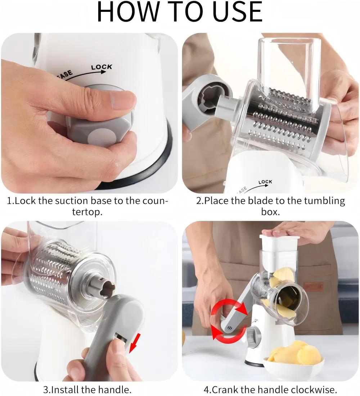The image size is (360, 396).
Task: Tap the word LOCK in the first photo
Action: point(102,67)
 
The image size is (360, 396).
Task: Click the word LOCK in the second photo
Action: point(265,182)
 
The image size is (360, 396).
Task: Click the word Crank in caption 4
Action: point(225,389)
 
